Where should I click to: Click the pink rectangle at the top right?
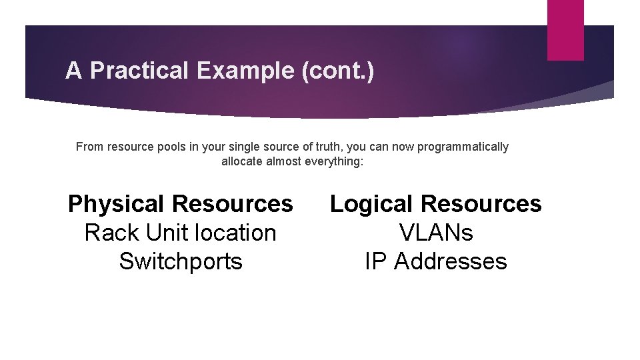pyautogui.click(x=565, y=29)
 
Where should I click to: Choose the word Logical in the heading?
pyautogui.click(x=371, y=204)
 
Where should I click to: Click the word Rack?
pyautogui.click(x=111, y=233)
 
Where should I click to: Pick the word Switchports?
pyautogui.click(x=181, y=261)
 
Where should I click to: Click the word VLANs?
pyautogui.click(x=436, y=233)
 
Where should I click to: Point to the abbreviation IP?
pyautogui.click(x=376, y=261)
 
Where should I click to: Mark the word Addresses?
pyautogui.click(x=451, y=261)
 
